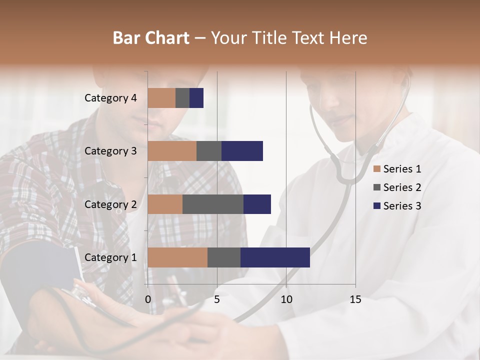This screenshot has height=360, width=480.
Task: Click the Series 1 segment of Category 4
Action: tap(161, 98)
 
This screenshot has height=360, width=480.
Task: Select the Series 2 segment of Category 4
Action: tap(182, 98)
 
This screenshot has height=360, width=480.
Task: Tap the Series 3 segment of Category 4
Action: tap(196, 98)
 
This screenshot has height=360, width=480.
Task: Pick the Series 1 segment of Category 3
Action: tap(172, 151)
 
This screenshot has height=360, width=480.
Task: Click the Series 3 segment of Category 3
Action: tap(242, 151)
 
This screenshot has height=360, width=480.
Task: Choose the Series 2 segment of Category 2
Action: tap(213, 204)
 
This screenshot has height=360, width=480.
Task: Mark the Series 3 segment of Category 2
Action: tap(257, 204)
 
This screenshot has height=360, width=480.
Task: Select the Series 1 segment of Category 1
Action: tap(177, 257)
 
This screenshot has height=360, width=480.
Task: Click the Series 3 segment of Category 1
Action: tap(275, 257)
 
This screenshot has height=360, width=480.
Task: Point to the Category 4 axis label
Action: tap(110, 98)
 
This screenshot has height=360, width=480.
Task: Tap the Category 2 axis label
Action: tap(110, 204)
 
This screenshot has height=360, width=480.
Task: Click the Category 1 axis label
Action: tap(110, 257)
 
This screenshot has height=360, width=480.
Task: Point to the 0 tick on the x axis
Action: tap(148, 299)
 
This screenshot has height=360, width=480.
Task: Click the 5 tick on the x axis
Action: tap(217, 299)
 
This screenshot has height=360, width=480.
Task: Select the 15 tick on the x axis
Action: tap(355, 299)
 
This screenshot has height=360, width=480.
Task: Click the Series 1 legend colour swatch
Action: tap(377, 169)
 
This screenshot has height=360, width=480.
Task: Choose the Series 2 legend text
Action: tap(402, 187)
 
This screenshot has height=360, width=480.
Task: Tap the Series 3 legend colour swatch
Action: tap(377, 206)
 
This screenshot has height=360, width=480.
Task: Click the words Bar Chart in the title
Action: tap(151, 37)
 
